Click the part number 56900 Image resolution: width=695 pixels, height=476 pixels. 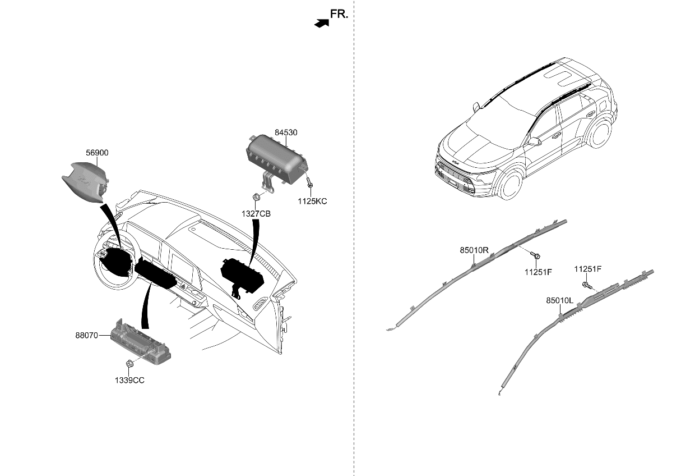[x=97, y=153]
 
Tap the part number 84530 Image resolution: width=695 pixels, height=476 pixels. [x=286, y=133]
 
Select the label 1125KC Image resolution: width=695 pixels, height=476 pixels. [x=313, y=202]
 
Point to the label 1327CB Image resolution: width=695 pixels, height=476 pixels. [x=256, y=214]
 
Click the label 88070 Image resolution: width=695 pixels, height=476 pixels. [x=86, y=336]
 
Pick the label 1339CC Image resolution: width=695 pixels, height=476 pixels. [x=130, y=380]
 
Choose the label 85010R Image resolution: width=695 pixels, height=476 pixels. [x=474, y=250]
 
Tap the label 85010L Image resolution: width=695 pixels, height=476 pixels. [x=559, y=301]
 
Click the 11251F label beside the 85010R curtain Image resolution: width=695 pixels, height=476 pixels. [x=538, y=272]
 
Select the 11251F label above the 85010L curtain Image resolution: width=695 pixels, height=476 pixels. [x=587, y=269]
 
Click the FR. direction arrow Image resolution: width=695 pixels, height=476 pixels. [x=321, y=23]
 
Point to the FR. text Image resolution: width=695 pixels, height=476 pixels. [x=339, y=15]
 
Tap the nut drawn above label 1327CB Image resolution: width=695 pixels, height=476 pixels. [x=256, y=197]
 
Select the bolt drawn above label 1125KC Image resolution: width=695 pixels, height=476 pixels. [x=308, y=183]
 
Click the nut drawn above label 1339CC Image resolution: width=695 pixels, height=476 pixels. [x=129, y=364]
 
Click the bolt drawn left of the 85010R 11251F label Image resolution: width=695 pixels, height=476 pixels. [x=536, y=255]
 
